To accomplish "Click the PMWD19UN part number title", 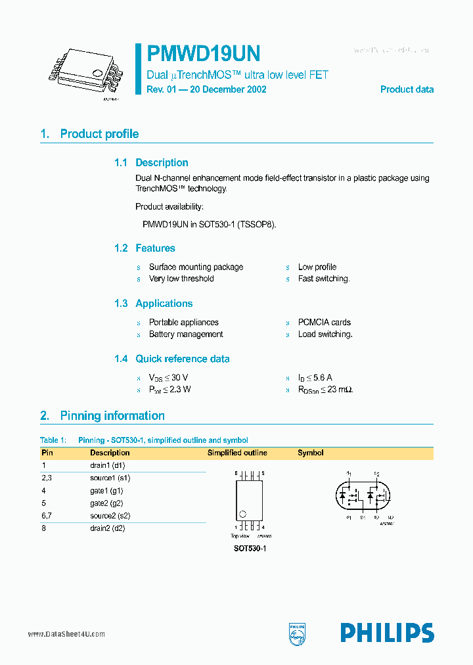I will [204, 53].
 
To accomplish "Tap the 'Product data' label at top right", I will [407, 89].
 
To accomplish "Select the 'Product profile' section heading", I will [99, 134].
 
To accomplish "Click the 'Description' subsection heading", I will [162, 163].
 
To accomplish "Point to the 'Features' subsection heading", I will [155, 248].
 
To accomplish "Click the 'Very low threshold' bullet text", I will [181, 279].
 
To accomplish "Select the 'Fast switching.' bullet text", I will [324, 279].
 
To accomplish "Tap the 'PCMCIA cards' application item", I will [325, 323].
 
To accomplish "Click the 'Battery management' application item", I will [186, 334].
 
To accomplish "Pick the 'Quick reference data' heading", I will [183, 359].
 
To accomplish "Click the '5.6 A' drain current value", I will [320, 378].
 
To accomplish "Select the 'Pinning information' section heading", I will [112, 416].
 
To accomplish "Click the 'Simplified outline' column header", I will [237, 453].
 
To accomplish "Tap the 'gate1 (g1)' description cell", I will [107, 491].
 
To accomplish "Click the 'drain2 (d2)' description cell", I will [108, 528].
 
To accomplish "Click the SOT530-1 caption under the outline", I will [250, 548].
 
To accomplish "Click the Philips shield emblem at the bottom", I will [298, 633].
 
